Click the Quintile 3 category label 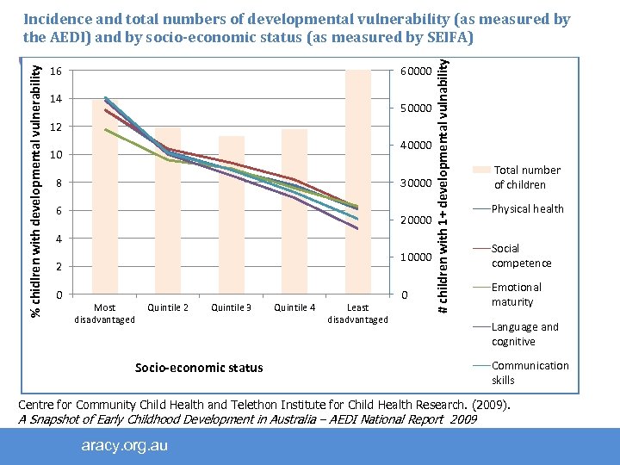(x=232, y=307)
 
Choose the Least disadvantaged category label (x=357, y=313)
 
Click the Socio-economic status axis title (x=199, y=368)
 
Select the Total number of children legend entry (x=526, y=177)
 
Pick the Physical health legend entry (x=527, y=208)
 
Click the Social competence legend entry (x=521, y=256)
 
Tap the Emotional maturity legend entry (x=517, y=294)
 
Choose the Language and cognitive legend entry (x=524, y=334)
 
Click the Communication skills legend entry (x=530, y=373)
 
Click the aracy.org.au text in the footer (x=125, y=445)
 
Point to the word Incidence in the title (x=56, y=20)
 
